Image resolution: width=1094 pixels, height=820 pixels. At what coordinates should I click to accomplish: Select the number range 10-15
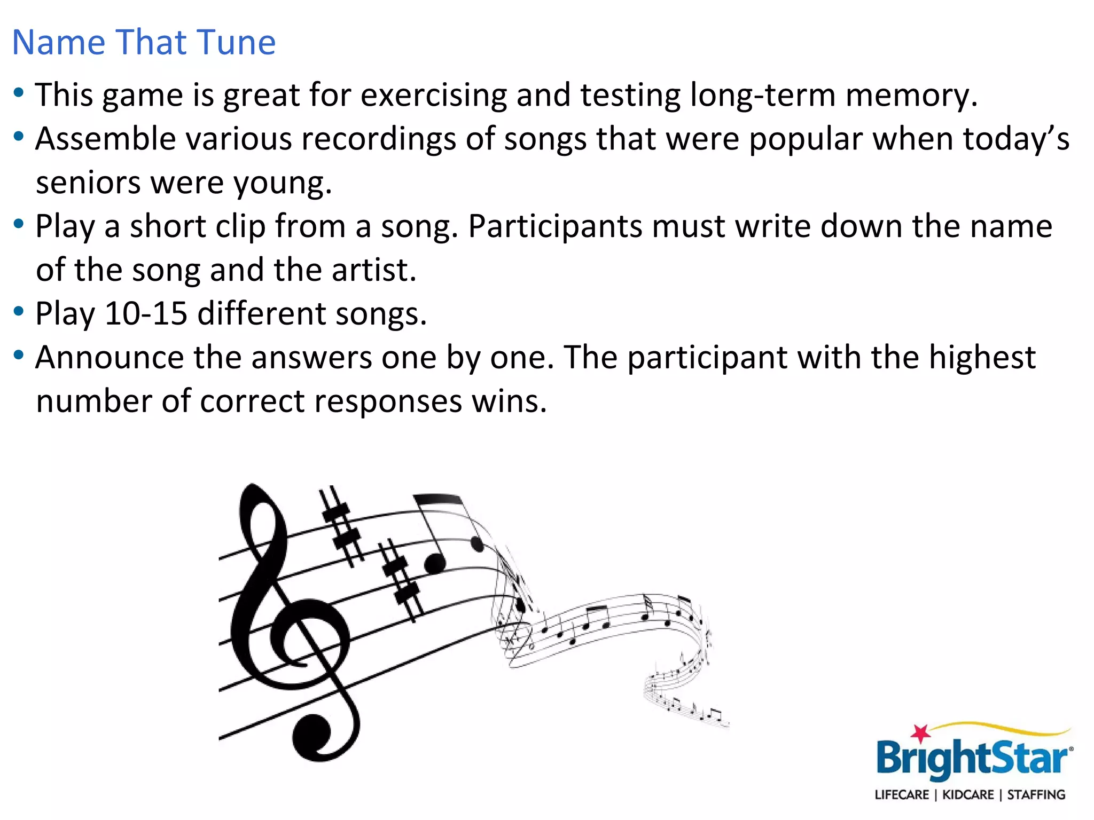(x=146, y=314)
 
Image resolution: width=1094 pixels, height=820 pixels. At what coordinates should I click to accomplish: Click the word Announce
(x=110, y=358)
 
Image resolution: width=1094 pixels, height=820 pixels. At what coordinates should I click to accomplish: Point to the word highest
(x=982, y=358)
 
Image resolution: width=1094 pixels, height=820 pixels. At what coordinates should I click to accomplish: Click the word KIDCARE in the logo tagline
(x=968, y=795)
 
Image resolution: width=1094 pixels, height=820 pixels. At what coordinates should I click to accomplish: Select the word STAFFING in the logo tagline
(x=1036, y=795)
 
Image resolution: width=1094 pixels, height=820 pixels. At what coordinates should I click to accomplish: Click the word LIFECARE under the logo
(x=902, y=795)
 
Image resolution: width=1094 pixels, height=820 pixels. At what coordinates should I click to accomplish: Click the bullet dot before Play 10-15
(x=19, y=311)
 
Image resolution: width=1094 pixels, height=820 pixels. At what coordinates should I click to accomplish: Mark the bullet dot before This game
(x=19, y=93)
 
